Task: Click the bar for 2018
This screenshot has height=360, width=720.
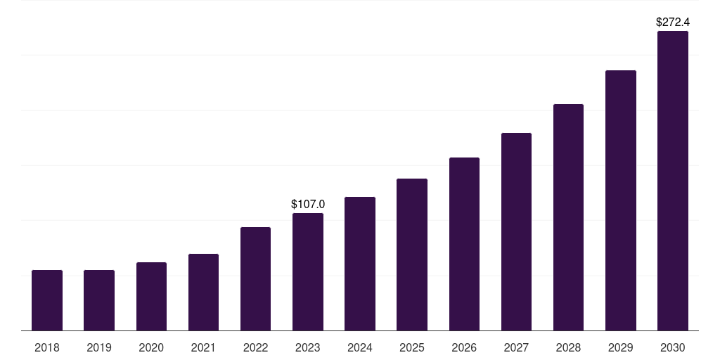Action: click(x=47, y=300)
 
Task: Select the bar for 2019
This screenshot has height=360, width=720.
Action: click(x=99, y=300)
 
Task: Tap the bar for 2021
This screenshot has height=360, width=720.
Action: click(x=203, y=292)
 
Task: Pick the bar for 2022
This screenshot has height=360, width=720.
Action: click(x=255, y=278)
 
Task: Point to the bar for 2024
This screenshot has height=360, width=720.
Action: click(x=360, y=264)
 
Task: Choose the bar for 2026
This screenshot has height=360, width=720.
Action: click(x=464, y=244)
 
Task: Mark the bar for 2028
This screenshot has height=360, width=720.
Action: click(x=568, y=217)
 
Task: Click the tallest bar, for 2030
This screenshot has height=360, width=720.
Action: click(x=673, y=181)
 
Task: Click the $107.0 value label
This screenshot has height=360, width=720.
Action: click(x=308, y=205)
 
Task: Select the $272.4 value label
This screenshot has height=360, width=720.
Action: click(x=673, y=22)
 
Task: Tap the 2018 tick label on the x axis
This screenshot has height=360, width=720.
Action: click(x=47, y=347)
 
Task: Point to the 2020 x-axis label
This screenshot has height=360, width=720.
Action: click(x=151, y=347)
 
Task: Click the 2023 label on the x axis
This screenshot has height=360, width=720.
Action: click(x=308, y=347)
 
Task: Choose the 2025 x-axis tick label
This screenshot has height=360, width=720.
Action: click(x=412, y=347)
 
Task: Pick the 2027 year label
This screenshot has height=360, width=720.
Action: click(x=516, y=347)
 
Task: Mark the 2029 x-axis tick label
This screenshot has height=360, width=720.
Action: click(x=621, y=347)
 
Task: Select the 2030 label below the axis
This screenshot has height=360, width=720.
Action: click(x=673, y=347)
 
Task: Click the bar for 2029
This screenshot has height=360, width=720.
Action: click(x=621, y=200)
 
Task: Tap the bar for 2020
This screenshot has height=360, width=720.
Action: click(x=151, y=296)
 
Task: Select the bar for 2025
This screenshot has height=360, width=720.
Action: click(x=412, y=255)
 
